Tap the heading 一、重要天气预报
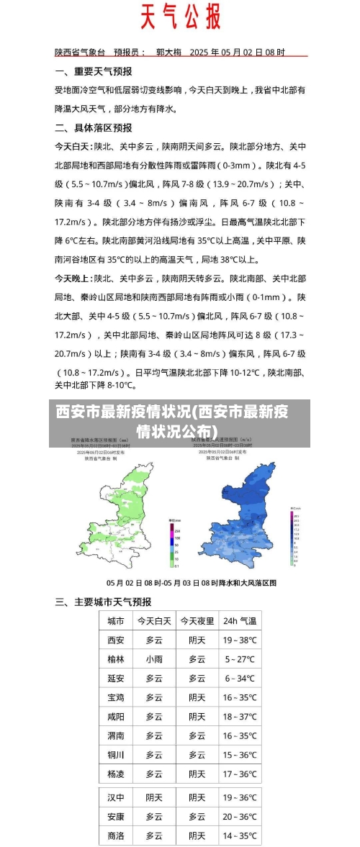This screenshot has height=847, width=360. click(x=94, y=72)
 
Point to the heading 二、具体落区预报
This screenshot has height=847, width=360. click(x=94, y=127)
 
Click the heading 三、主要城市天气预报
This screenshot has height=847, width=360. click(x=103, y=602)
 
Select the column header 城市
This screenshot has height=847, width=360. click(x=115, y=620)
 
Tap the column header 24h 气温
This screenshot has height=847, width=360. click(x=240, y=620)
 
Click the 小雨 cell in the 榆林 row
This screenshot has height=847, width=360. click(x=154, y=658)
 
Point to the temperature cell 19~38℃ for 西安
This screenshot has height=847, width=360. click(x=240, y=640)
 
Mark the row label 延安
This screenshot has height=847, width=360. click(x=115, y=678)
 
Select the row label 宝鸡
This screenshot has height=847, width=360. click(x=115, y=697)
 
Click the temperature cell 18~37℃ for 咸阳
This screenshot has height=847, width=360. click(x=240, y=717)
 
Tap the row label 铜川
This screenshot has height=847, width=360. click(x=115, y=755)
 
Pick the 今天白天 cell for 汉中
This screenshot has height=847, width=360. click(x=154, y=797)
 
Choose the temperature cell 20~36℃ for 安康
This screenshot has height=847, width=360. click(x=240, y=817)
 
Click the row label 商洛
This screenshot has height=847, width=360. click(x=115, y=835)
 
